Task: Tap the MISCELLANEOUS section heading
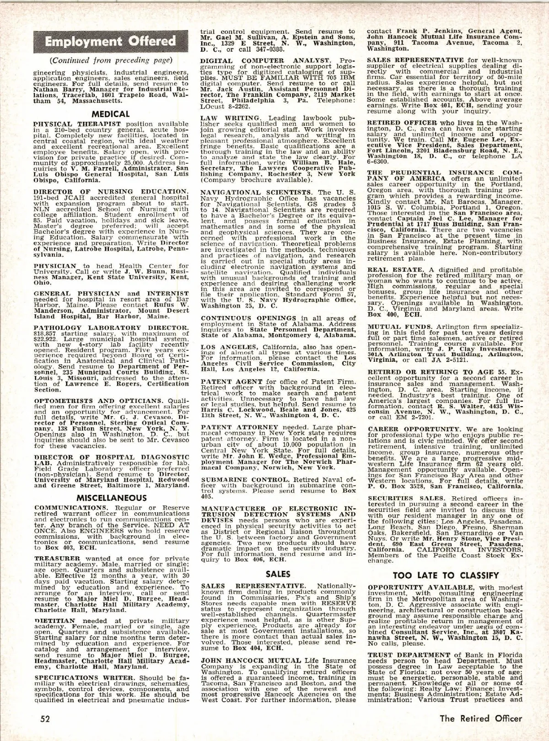pyautogui.click(x=111, y=497)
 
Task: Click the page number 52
pyautogui.click(x=44, y=718)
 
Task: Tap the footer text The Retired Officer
pyautogui.click(x=480, y=718)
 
